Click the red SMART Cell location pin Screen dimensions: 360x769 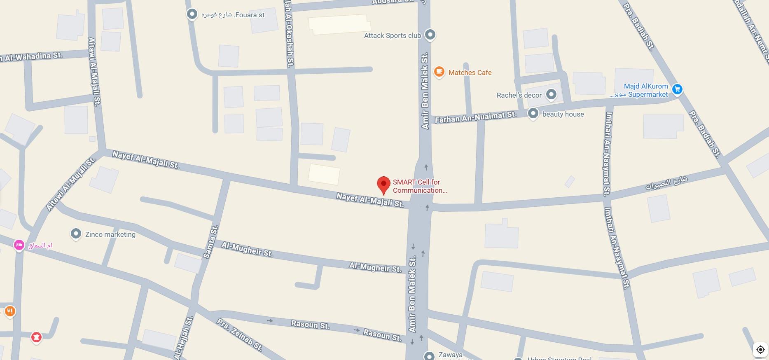tap(383, 184)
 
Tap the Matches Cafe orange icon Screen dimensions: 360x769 tap(439, 72)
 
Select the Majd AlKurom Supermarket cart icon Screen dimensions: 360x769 tap(677, 89)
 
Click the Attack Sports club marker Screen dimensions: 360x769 tap(430, 35)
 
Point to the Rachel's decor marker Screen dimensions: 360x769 tap(551, 95)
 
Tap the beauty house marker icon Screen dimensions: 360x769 tap(533, 113)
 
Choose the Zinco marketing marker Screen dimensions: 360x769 tap(76, 234)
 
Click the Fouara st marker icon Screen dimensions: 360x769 tap(192, 14)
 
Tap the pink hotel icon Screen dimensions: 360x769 tap(19, 245)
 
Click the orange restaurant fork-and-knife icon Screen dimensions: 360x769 tap(10, 311)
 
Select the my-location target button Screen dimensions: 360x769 tap(760, 349)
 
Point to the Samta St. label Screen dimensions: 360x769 tap(210, 242)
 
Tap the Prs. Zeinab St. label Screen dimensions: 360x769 tap(240, 334)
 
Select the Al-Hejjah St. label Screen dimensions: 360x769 tap(183, 338)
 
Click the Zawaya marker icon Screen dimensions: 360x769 tap(429, 355)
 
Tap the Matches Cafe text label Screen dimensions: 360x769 tap(470, 72)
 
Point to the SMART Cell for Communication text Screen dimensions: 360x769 tap(419, 186)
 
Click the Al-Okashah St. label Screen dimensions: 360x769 tap(289, 33)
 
